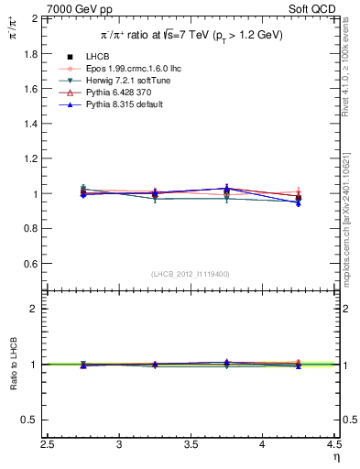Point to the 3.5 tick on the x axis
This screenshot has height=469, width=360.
pos(191,444)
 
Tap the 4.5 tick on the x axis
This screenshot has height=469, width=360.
pos(334,444)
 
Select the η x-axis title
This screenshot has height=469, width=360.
pos(335,457)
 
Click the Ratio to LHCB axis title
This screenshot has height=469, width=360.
pos(12,365)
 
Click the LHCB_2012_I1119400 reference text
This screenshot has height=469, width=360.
pos(191,274)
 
